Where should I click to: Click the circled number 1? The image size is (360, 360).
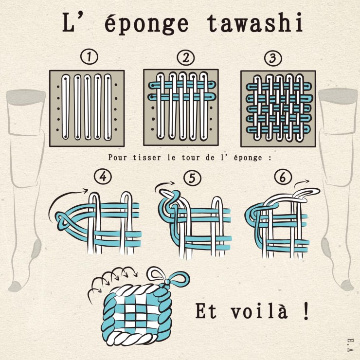(x=90, y=57)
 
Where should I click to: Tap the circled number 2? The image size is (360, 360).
(x=186, y=57)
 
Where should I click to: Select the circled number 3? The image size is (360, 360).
(x=273, y=58)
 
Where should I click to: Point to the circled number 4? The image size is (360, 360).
(x=103, y=177)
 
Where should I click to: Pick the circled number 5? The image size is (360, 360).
(x=192, y=178)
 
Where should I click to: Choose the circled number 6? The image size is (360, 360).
(x=283, y=177)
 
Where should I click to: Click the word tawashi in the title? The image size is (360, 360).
(x=255, y=22)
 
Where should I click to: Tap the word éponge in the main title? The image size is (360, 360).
(x=146, y=23)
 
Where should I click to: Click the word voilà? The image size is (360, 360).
(x=259, y=311)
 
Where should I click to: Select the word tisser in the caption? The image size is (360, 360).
(x=147, y=158)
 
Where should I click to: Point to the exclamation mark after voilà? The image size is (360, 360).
(x=306, y=311)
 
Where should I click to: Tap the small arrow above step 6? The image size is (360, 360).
(x=302, y=183)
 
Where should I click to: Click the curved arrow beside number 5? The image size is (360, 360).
(x=163, y=184)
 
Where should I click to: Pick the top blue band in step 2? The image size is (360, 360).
(x=182, y=85)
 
